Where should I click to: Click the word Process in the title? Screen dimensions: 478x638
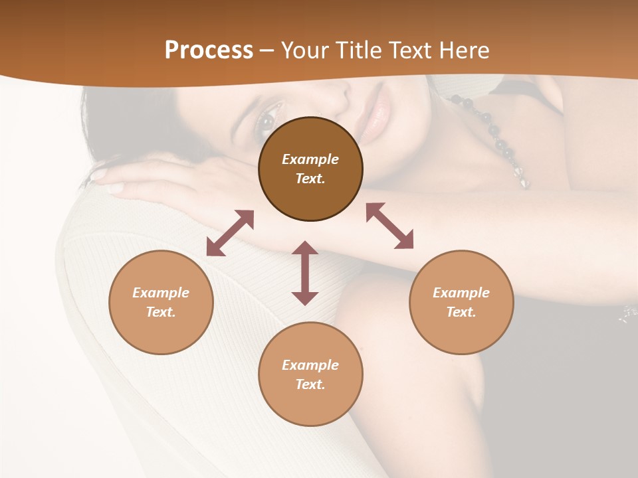pyautogui.click(x=209, y=50)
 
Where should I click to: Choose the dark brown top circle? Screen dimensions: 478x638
pyautogui.click(x=310, y=169)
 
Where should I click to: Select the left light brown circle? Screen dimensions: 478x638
pyautogui.click(x=161, y=302)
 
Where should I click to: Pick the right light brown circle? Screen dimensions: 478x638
pyautogui.click(x=461, y=302)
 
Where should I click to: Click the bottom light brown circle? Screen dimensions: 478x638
pyautogui.click(x=310, y=374)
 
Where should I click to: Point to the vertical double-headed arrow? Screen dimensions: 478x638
pyautogui.click(x=305, y=273)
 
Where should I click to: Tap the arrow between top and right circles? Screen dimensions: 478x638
pyautogui.click(x=389, y=226)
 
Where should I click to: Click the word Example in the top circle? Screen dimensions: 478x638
pyautogui.click(x=310, y=159)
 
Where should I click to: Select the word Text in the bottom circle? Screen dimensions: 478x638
pyautogui.click(x=310, y=384)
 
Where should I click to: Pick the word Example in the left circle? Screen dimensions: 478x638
pyautogui.click(x=161, y=293)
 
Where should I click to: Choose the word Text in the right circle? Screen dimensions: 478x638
pyautogui.click(x=461, y=312)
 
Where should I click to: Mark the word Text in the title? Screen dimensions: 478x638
pyautogui.click(x=409, y=50)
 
